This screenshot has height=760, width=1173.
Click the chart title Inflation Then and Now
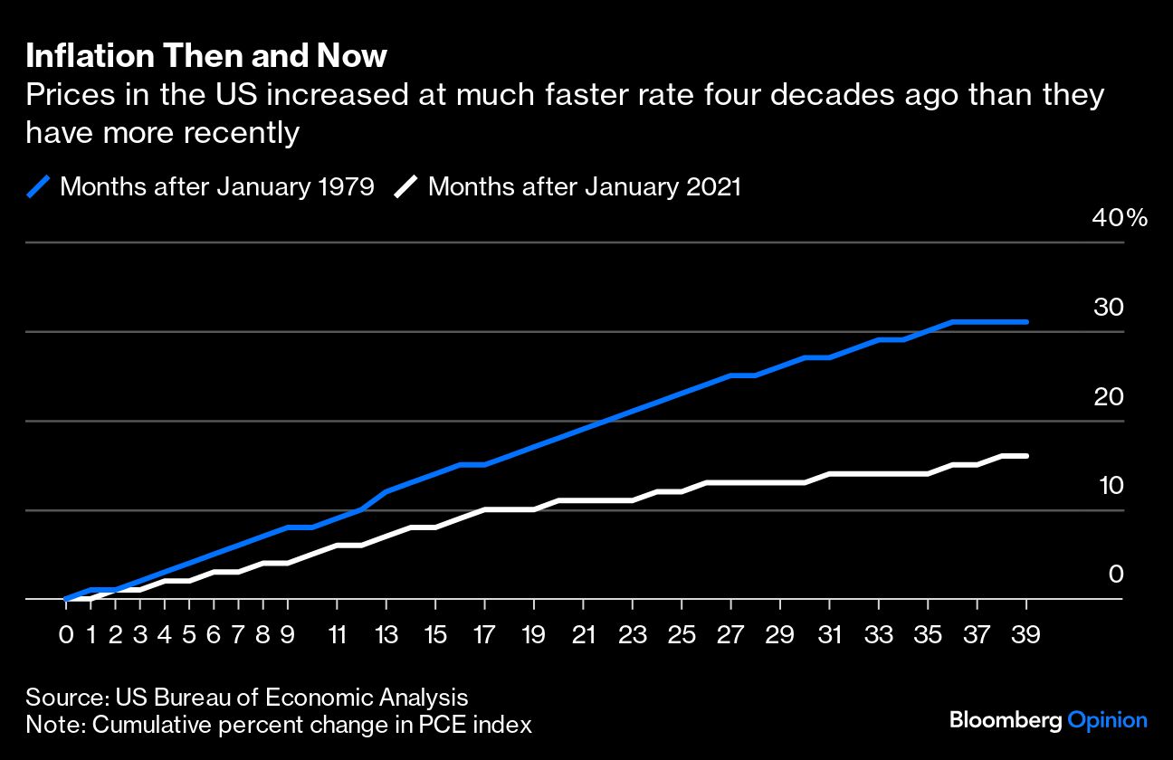(206, 57)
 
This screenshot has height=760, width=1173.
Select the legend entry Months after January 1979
(217, 187)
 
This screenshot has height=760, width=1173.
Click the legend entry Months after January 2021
(584, 187)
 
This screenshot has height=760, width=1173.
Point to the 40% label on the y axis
(1120, 218)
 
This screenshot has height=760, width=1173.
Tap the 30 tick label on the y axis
(1109, 308)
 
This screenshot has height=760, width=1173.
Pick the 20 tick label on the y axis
(1109, 396)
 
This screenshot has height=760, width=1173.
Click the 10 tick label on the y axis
(1109, 486)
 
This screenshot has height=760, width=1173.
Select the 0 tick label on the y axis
(1116, 575)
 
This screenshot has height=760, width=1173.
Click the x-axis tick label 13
(386, 634)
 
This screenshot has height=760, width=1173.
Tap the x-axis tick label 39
(1026, 634)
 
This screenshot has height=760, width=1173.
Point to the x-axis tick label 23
(633, 634)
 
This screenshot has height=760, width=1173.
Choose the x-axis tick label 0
(66, 634)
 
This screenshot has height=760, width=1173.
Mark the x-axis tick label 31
(830, 634)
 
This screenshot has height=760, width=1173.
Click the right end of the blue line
(1026, 322)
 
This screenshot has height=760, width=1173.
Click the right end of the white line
(1026, 456)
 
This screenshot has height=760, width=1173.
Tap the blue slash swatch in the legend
(38, 187)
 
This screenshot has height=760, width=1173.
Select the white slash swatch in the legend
(406, 187)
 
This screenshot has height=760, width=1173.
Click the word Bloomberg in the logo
(1006, 720)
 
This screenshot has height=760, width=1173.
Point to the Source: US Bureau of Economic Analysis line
(247, 698)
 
